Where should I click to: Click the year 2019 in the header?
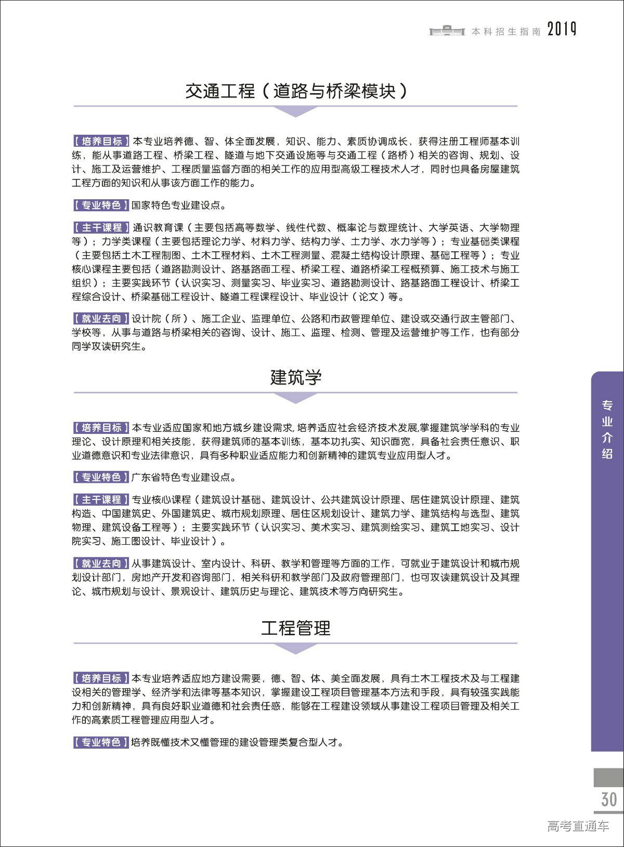(562, 30)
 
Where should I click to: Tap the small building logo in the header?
(446, 31)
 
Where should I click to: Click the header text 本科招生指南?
(506, 32)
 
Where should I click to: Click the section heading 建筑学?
(295, 377)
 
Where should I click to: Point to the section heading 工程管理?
(295, 628)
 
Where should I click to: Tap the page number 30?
(608, 799)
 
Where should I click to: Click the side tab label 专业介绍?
(607, 429)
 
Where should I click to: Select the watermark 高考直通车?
(578, 826)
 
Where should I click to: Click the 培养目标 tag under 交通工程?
(101, 142)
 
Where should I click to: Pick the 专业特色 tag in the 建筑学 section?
(101, 477)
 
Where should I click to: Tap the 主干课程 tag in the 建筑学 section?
(101, 500)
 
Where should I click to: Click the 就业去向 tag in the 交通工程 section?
(101, 318)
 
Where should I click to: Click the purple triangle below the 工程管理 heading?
(295, 648)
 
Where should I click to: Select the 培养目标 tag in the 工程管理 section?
(101, 678)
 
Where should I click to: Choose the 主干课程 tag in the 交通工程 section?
(101, 228)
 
